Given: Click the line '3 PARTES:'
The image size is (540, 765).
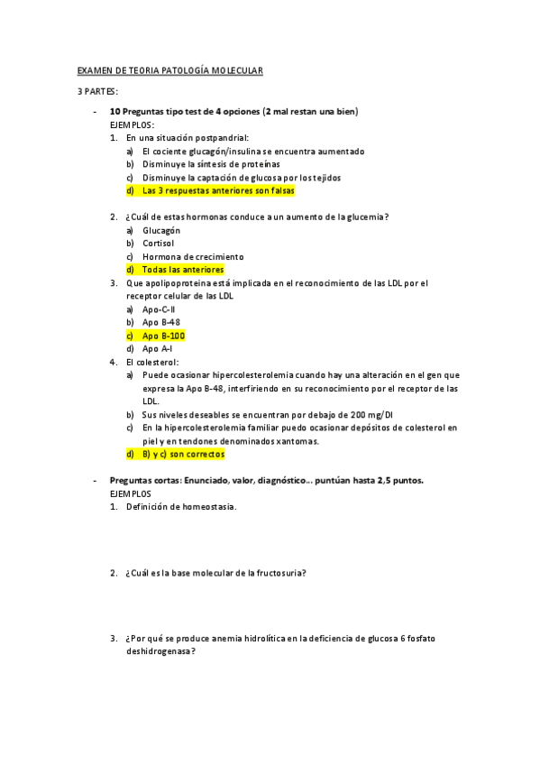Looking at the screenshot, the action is [x=97, y=92].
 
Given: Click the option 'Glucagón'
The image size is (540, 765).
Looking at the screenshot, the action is [x=161, y=230].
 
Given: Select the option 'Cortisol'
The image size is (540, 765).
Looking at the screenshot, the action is [x=159, y=243].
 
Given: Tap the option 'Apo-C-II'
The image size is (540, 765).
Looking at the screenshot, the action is [x=159, y=309].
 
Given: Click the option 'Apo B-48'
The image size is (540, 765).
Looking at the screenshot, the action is [x=160, y=321].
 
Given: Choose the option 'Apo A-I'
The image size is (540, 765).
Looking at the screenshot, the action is [x=157, y=347].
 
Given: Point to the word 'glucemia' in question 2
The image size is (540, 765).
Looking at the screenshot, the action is [x=370, y=217].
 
